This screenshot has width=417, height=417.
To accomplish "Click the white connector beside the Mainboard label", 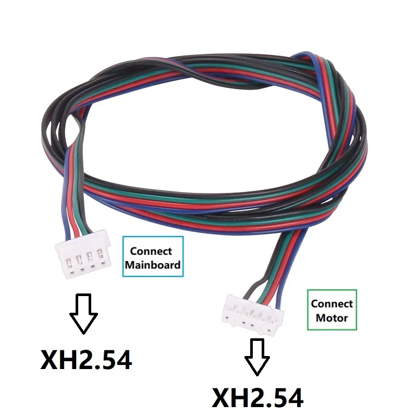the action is pyautogui.click(x=83, y=254).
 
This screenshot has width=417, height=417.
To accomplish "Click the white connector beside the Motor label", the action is pyautogui.click(x=253, y=314).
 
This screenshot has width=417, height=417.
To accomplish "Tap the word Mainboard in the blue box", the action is pyautogui.click(x=153, y=265).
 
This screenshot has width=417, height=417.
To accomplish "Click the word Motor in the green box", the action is pyautogui.click(x=332, y=318).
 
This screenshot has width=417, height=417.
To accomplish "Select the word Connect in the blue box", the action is pyautogui.click(x=151, y=251).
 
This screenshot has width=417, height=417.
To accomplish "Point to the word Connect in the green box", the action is pyautogui.click(x=332, y=304).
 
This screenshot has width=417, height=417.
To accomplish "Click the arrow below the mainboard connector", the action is pyautogui.click(x=83, y=314).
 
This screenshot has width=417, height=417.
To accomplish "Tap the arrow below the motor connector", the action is pyautogui.click(x=257, y=357).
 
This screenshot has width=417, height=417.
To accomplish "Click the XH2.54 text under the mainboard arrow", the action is pyautogui.click(x=86, y=360).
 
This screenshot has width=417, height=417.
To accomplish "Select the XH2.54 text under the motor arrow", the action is pyautogui.click(x=257, y=398).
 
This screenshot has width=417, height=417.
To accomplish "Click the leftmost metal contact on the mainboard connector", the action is pyautogui.click(x=68, y=263).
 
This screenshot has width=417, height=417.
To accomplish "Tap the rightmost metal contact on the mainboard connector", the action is pyautogui.click(x=100, y=253).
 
